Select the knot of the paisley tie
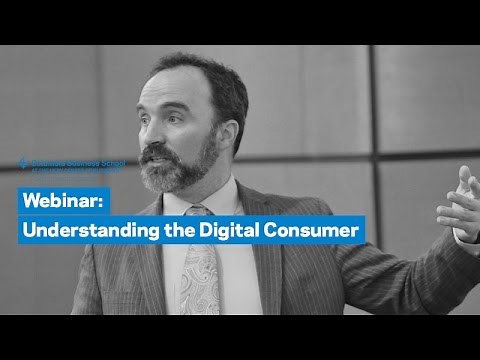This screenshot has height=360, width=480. click(x=200, y=213)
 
